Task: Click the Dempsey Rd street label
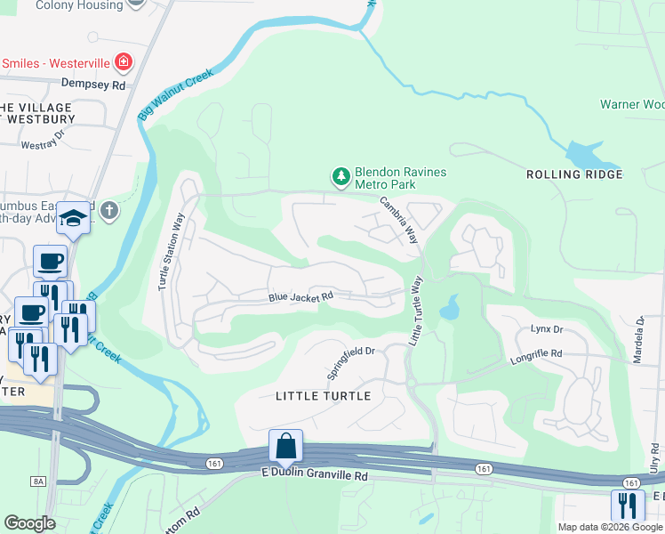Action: pos(92,85)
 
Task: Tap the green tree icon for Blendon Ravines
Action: pos(341,178)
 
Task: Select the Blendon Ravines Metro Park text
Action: pos(400,178)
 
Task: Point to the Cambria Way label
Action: pos(399,221)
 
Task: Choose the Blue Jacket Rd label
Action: pos(300,296)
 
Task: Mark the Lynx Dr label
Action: pos(547,329)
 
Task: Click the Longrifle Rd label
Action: pos(536,353)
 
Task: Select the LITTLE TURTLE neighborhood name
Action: pos(323,396)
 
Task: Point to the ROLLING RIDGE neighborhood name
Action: pos(573,174)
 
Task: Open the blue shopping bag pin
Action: pos(286,445)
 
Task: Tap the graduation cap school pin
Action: pos(73,217)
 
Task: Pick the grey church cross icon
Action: pos(108,211)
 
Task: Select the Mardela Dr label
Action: pos(639,331)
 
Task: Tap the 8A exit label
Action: pos(38,481)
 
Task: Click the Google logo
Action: pos(29,523)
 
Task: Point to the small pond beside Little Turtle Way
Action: pos(449,309)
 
